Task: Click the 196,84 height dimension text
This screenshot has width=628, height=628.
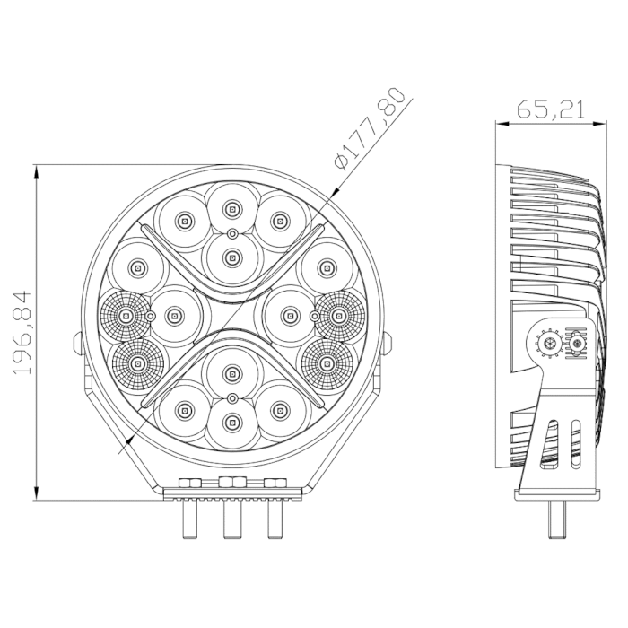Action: coord(22,333)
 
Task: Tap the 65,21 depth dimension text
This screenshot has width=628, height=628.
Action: coord(551,109)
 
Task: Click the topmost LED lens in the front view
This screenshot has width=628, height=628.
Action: coord(231,208)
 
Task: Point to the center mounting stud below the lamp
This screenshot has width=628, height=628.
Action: coord(232,519)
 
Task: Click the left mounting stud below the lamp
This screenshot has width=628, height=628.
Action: coord(189,519)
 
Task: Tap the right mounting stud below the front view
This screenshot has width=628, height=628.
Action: coord(275,519)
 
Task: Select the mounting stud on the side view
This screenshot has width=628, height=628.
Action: coord(557,519)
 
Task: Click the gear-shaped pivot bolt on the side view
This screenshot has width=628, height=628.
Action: coord(546,343)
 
